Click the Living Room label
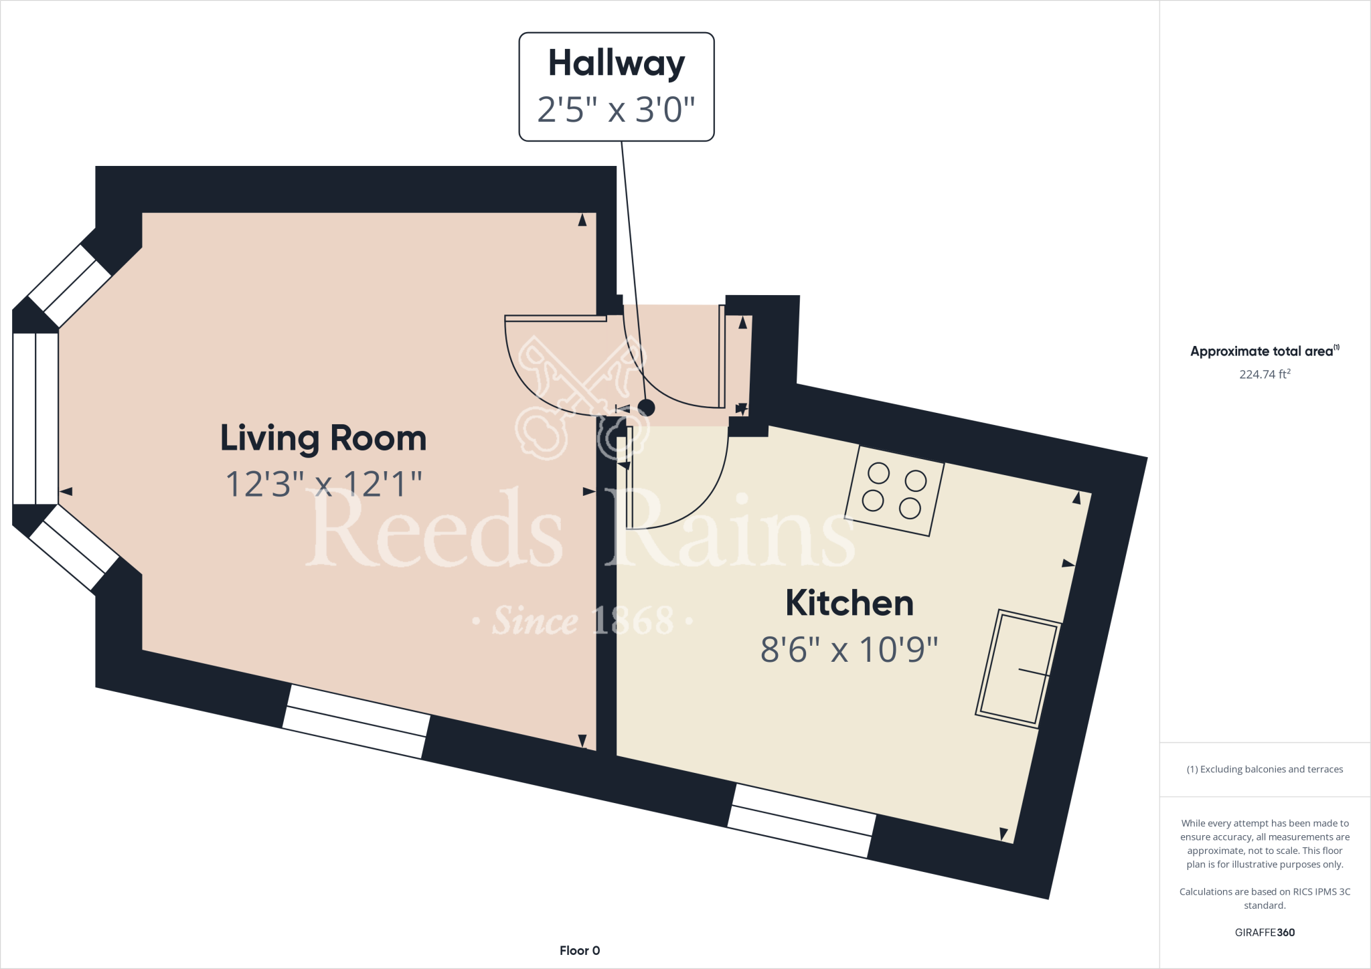coord(323,438)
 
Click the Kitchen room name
coord(849,603)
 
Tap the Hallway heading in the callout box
coord(616,64)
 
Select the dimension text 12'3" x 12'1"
coord(323,484)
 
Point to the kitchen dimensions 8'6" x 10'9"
coord(849,649)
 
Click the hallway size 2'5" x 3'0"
coord(616,109)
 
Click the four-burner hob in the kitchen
coord(894,491)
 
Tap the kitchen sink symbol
coord(1018,669)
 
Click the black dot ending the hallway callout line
coord(646,407)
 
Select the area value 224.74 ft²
coord(1264,374)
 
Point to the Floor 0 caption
coord(580,950)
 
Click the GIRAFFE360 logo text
coord(1264,932)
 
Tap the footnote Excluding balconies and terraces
coord(1264,770)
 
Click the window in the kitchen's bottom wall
coord(801,821)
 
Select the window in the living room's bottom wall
coord(356,721)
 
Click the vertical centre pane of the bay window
coord(35,418)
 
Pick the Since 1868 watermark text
coord(582,621)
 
